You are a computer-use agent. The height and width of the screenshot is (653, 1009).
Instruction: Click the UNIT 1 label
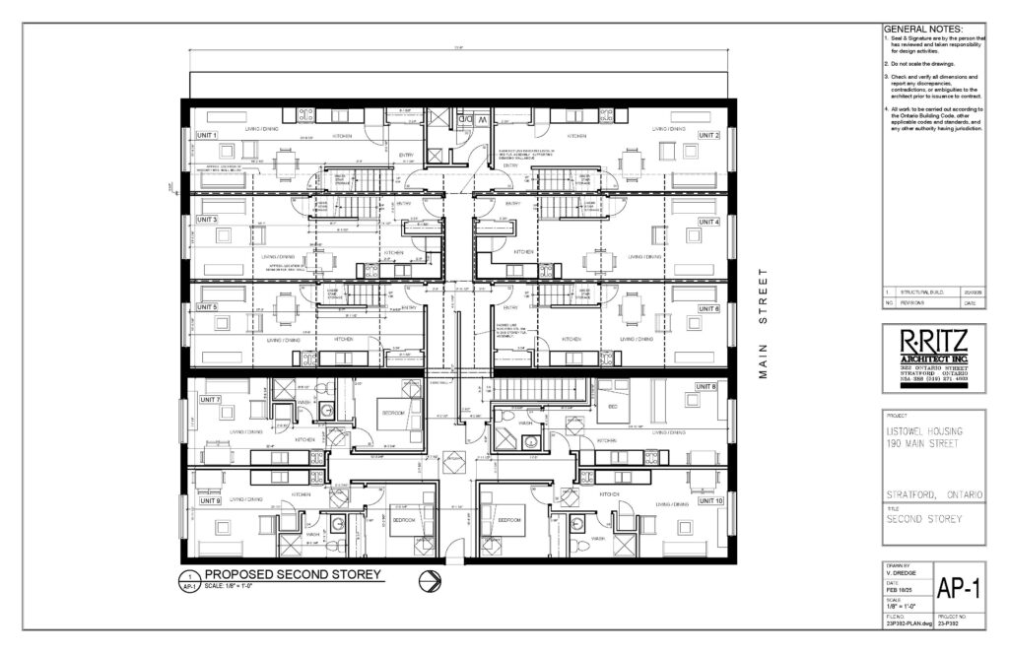tap(208, 134)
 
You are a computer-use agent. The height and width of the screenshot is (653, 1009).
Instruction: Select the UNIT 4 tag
tap(709, 222)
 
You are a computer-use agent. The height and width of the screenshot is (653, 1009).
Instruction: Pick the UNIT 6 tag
tap(709, 308)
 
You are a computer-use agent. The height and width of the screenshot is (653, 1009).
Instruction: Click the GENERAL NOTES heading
tap(923, 31)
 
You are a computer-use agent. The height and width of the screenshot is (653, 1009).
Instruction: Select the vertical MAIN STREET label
tap(763, 325)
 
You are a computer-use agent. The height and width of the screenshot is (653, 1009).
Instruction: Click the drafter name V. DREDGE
tap(901, 573)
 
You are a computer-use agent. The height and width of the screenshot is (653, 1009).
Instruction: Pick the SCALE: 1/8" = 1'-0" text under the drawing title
tap(237, 587)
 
